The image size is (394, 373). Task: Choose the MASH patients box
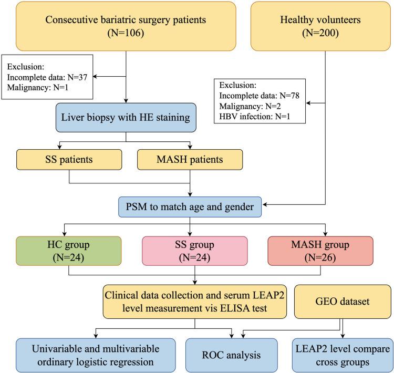point(191,160)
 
